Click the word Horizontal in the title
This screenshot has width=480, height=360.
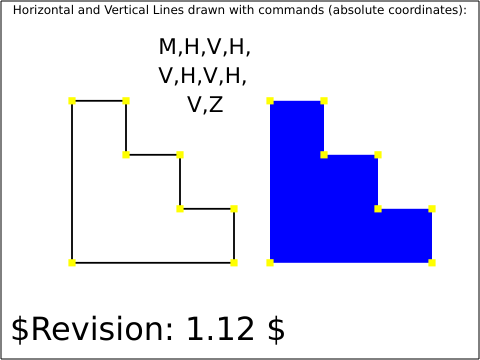coord(44,10)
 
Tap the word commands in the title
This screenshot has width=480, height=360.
coord(291,10)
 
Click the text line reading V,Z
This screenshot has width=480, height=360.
coord(205,105)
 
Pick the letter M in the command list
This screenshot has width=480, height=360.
coord(168,46)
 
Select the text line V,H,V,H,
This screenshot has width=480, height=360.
coord(203,76)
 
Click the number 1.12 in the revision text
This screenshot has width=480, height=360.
coord(220,328)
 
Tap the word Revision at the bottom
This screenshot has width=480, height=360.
coord(102,328)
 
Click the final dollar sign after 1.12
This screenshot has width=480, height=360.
coord(276,329)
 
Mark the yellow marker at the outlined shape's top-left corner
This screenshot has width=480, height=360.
coord(72,101)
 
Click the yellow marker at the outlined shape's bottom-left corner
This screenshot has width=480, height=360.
coord(72,263)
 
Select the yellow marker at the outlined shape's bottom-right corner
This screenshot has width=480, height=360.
coord(234,263)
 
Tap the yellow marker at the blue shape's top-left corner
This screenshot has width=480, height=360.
coord(270,101)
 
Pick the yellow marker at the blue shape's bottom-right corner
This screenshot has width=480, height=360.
coord(432,263)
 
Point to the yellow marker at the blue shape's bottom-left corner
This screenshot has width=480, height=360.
coord(270,263)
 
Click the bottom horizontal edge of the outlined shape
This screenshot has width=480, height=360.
coord(153,263)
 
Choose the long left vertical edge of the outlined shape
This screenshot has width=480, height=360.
coord(72,182)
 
